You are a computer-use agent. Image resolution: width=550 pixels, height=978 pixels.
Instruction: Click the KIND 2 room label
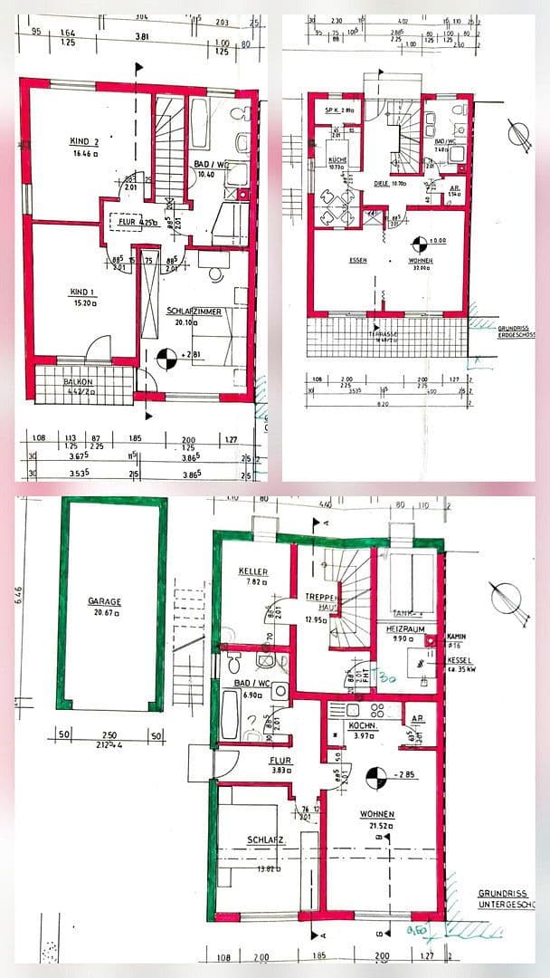coord(84,141)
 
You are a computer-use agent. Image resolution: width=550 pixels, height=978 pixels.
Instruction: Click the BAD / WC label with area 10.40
coord(210,164)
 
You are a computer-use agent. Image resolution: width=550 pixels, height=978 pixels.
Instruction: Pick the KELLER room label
coord(251,571)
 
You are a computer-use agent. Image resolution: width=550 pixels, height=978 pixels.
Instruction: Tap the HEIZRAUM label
coord(403,628)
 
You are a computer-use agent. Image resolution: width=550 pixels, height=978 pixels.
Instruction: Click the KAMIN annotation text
coord(457,637)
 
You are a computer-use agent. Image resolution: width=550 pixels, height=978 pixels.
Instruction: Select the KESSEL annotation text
coord(460,661)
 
